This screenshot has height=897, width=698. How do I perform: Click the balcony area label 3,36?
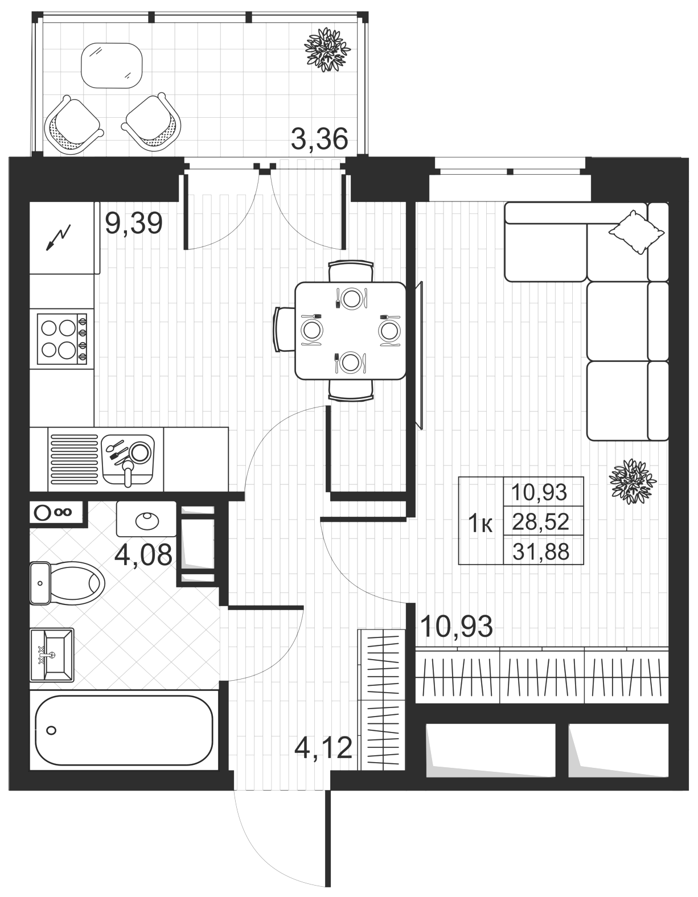pos(319,139)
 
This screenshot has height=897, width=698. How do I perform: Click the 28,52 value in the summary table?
pos(541,522)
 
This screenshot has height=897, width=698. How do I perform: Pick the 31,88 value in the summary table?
pos(541,552)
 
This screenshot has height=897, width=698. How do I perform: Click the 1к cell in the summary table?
pos(481,525)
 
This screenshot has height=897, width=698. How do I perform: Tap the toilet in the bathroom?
pos(67,583)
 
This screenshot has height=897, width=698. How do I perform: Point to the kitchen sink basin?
pos(128,459)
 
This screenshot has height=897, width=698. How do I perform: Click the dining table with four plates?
pos(351,331)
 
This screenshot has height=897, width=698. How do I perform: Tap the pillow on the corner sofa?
pos(636,232)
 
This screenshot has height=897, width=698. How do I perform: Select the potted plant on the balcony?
pos(327,50)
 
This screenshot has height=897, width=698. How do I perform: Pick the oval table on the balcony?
pos(112,65)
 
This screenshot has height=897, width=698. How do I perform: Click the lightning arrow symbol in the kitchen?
pos(59,238)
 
